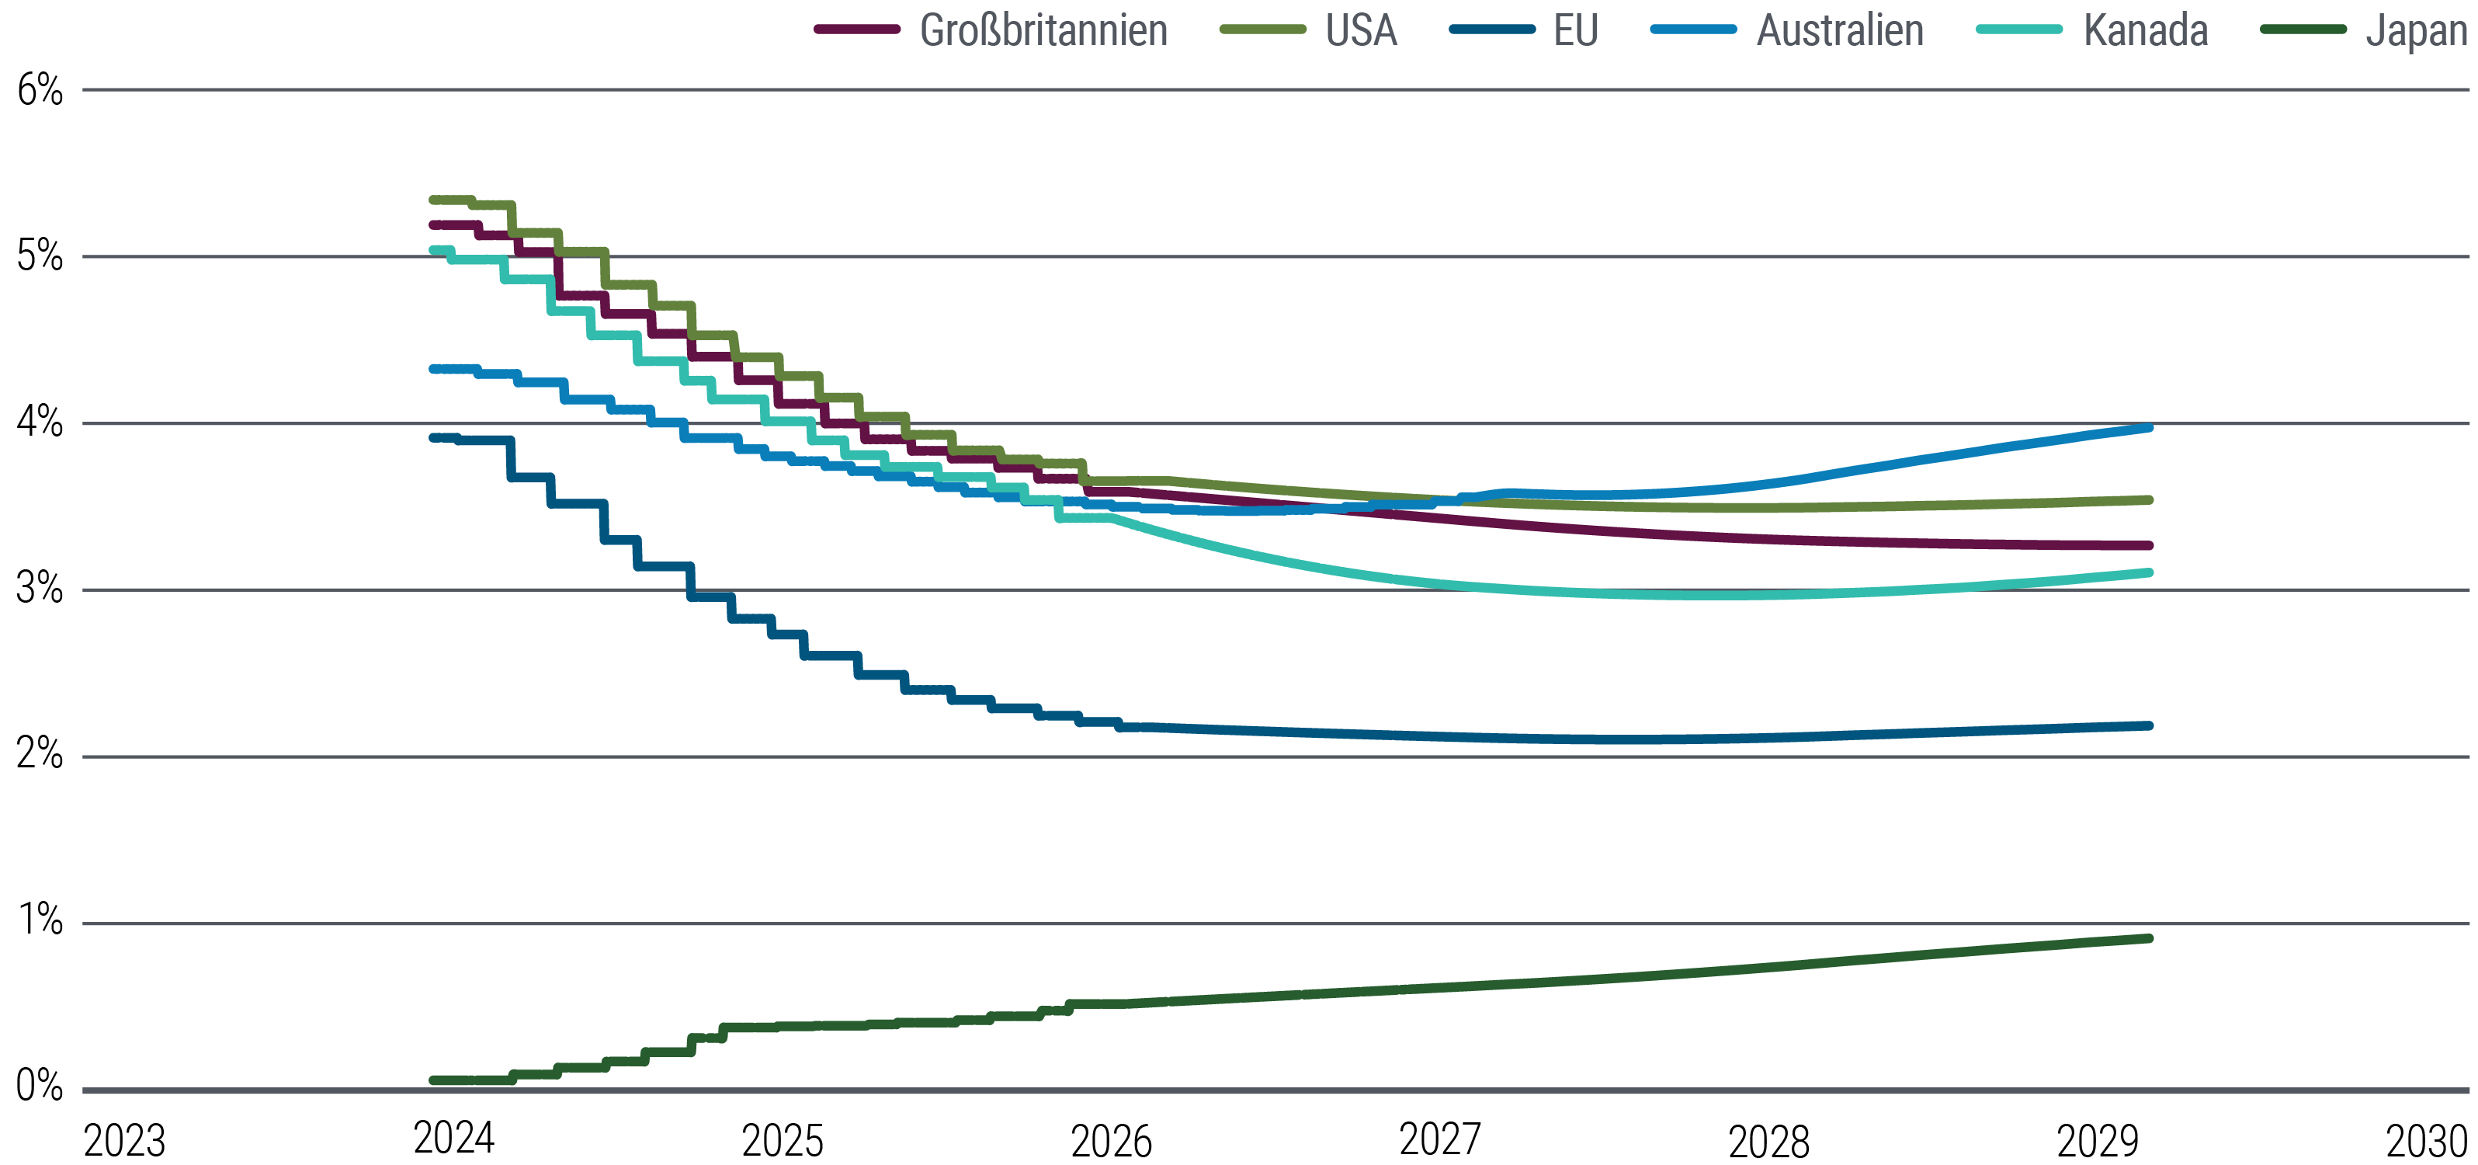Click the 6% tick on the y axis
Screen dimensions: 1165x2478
pos(40,90)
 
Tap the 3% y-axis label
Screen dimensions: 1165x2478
pos(40,588)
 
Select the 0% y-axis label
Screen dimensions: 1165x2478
pos(40,1086)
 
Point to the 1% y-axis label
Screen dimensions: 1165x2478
pos(40,920)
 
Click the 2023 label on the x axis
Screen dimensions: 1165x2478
pos(124,1141)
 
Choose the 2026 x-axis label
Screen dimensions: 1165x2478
pos(1111,1141)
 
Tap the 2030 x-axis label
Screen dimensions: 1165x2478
pos(2426,1141)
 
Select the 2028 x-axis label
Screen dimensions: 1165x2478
pos(1768,1141)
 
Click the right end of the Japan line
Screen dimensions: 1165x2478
pos(2149,938)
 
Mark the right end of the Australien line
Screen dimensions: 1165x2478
pos(2149,427)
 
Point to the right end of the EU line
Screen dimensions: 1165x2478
pos(2149,725)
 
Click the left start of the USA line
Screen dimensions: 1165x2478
pos(434,200)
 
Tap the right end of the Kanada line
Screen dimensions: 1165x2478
pos(2149,572)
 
